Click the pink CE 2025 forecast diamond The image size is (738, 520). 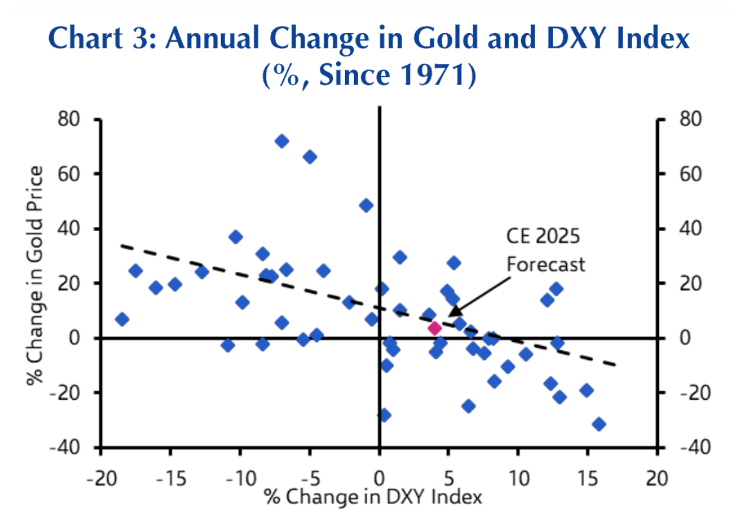(x=434, y=328)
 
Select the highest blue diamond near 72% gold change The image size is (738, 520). (x=282, y=141)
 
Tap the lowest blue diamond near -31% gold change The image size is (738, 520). (x=598, y=424)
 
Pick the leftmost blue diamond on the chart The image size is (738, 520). (x=122, y=319)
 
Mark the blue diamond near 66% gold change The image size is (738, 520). (x=310, y=157)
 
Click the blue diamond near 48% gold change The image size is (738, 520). (x=366, y=205)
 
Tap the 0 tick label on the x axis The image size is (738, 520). (x=379, y=479)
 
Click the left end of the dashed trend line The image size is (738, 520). (x=122, y=245)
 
